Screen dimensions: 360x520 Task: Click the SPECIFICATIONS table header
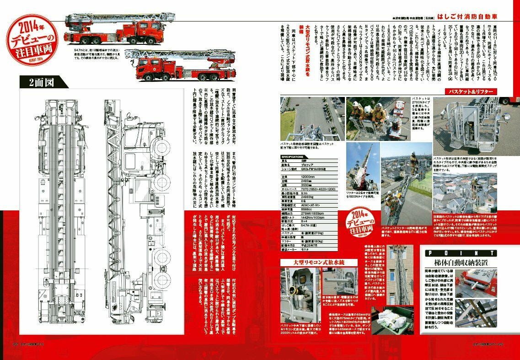click(293, 156)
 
